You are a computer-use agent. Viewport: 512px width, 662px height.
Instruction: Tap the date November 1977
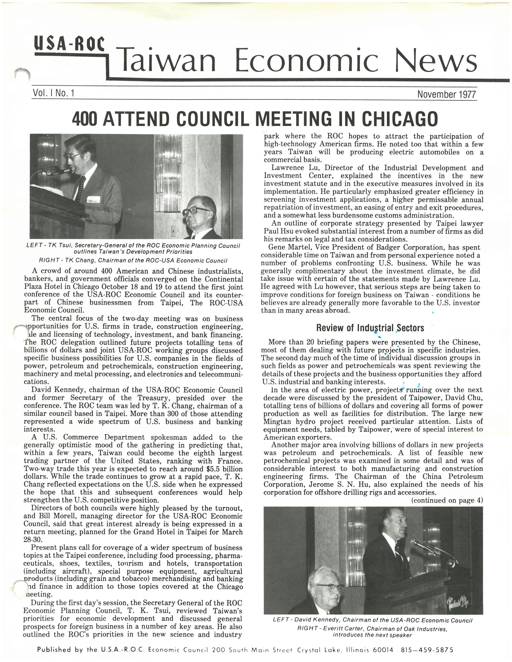pyautogui.click(x=447, y=94)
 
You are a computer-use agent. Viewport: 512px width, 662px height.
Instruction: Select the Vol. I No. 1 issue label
pyautogui.click(x=53, y=93)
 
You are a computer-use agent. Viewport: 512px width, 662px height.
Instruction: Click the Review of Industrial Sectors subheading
pyautogui.click(x=370, y=328)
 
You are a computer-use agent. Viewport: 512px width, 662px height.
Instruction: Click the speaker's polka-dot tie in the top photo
pyautogui.click(x=81, y=188)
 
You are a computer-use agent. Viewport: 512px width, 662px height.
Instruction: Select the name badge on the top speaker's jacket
pyautogui.click(x=95, y=200)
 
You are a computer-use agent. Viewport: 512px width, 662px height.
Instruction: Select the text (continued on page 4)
pyautogui.click(x=447, y=500)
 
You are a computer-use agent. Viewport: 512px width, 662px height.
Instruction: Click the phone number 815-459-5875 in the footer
pyautogui.click(x=427, y=650)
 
